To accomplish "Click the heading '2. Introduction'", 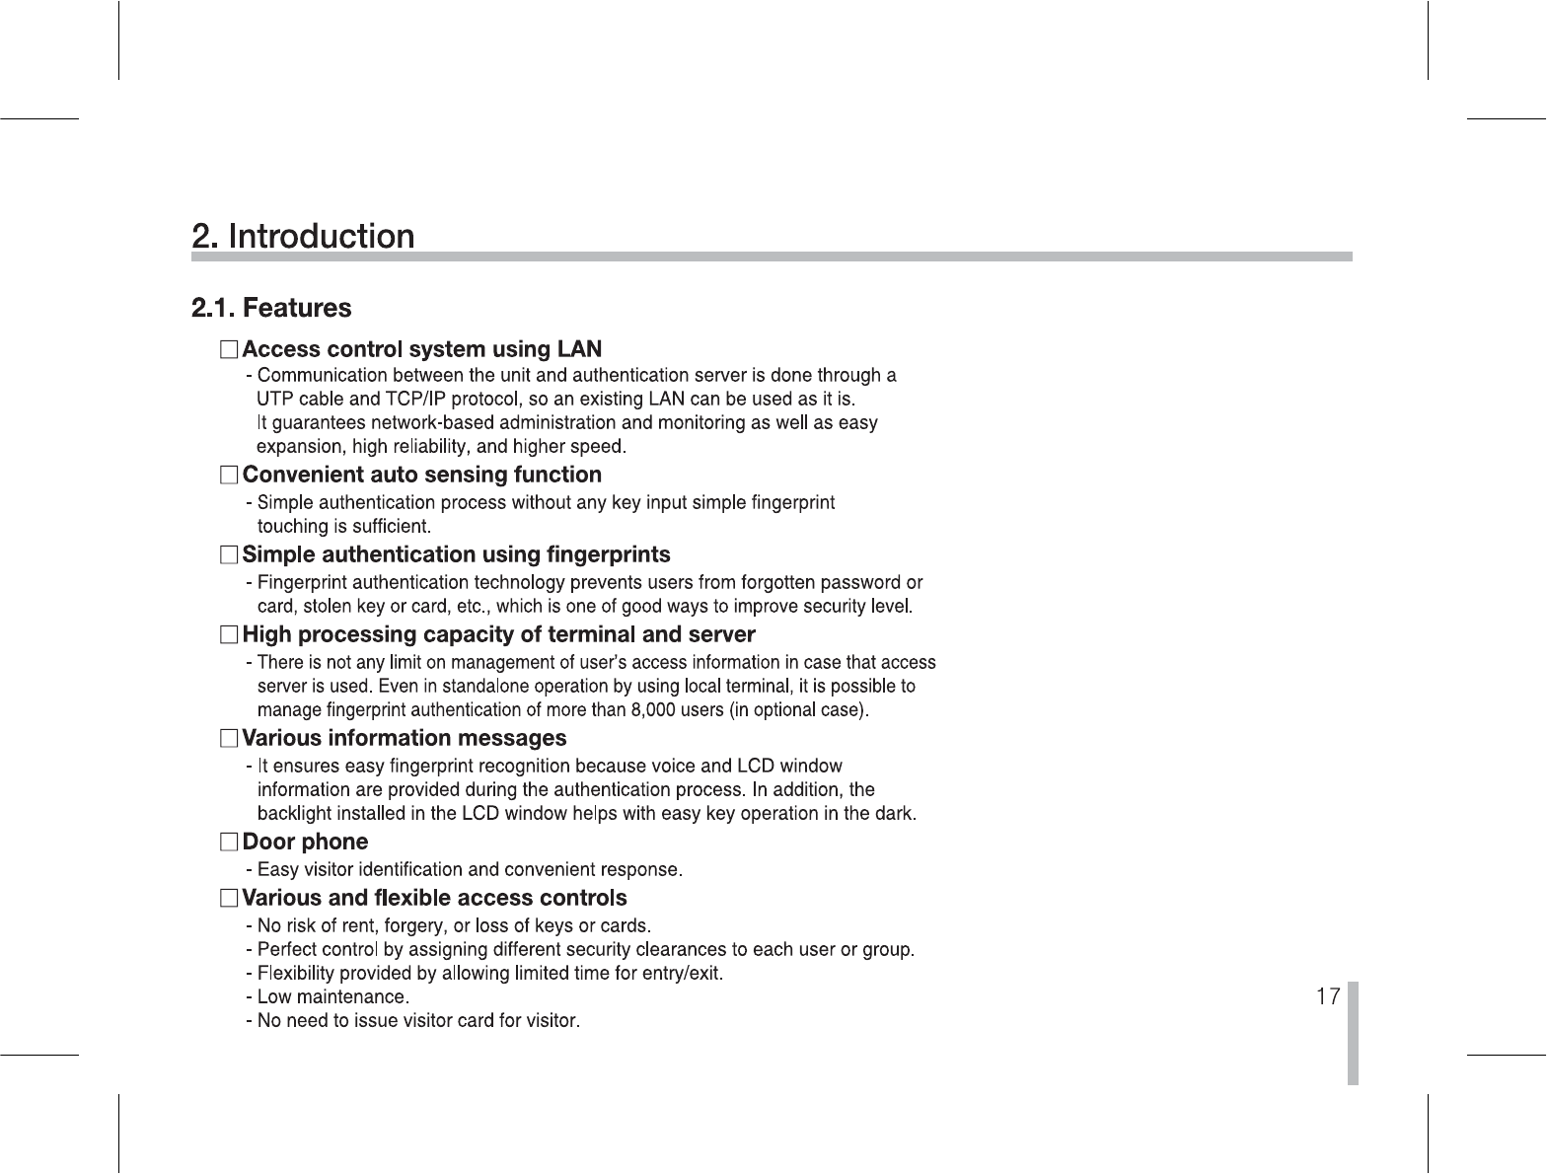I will pos(303,237).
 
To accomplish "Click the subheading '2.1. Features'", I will pos(271,308).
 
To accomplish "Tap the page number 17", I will pos(1328,996).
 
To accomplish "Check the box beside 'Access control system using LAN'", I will pos(229,349).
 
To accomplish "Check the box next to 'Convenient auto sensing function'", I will pos(229,476).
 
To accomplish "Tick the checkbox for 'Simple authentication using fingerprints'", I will pos(229,555).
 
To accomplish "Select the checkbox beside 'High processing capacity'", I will pos(229,634).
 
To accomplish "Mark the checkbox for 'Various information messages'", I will pos(229,738).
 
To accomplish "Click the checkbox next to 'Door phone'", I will pos(229,843).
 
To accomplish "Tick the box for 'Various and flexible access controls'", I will pos(229,899).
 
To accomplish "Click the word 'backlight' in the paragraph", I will pos(293,814).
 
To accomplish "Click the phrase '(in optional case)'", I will pos(798,710).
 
